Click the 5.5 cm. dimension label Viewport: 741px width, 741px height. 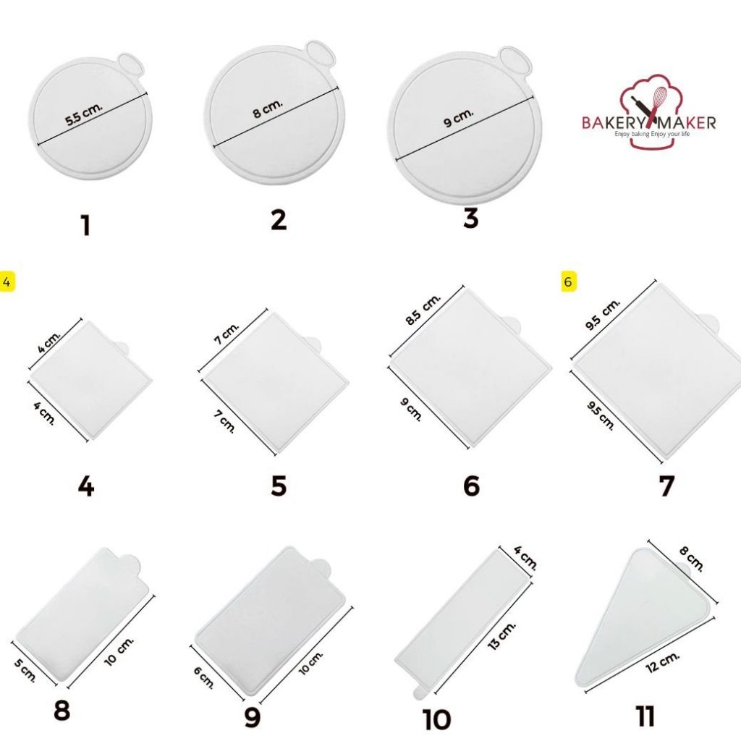[x=84, y=114]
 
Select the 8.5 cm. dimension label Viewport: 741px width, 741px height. [x=423, y=309]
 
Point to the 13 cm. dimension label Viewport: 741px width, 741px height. [x=501, y=635]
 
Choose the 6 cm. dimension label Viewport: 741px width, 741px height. [x=203, y=677]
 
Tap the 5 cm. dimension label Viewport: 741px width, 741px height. [x=25, y=669]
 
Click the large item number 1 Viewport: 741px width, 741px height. [x=85, y=225]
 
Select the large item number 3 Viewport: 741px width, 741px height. [x=470, y=219]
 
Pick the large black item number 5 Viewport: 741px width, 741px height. [x=279, y=486]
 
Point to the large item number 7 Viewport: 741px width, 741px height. [x=666, y=486]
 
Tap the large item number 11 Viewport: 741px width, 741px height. [x=645, y=716]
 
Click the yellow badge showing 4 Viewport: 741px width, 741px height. [x=7, y=282]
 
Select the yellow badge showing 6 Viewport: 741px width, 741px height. [x=568, y=281]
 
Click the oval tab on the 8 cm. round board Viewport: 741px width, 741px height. [x=321, y=53]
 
